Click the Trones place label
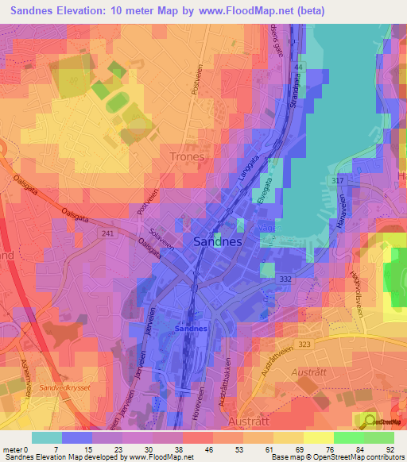(x=187, y=156)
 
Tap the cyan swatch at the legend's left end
(x=46, y=437)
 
